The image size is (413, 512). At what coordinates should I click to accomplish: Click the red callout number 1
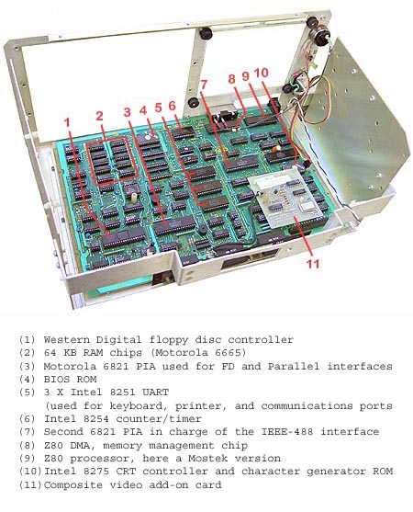(x=67, y=122)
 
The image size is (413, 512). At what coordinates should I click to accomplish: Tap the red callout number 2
(x=99, y=115)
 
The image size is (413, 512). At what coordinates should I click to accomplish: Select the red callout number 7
(x=204, y=85)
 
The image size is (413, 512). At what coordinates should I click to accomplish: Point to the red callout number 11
(x=313, y=264)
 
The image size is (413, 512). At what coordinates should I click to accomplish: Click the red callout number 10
(x=262, y=73)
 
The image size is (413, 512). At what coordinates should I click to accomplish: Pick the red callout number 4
(x=143, y=110)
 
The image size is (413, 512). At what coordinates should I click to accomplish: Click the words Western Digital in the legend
(x=93, y=339)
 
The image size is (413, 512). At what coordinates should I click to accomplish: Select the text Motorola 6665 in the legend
(x=200, y=353)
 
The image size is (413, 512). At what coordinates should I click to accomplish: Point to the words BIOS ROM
(x=70, y=379)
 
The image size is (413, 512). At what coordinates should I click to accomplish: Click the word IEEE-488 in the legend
(x=287, y=432)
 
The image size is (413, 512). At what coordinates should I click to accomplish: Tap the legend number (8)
(x=27, y=445)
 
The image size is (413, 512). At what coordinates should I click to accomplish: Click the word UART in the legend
(x=155, y=392)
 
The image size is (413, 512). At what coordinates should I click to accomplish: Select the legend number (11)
(x=30, y=484)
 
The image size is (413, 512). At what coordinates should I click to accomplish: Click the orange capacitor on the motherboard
(x=277, y=148)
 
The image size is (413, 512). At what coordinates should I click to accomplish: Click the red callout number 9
(x=245, y=76)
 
